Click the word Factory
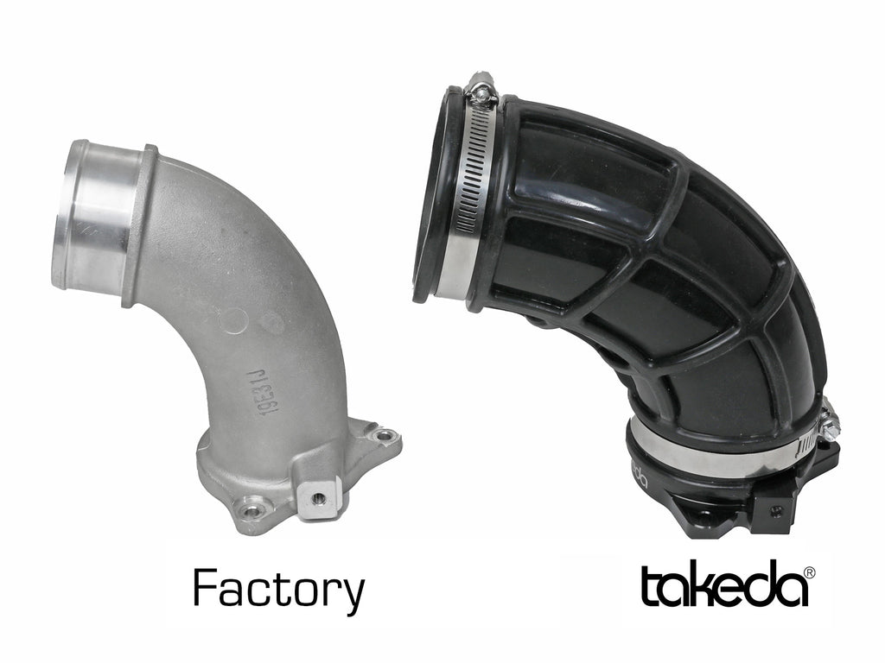pyautogui.click(x=278, y=590)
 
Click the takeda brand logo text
pyautogui.click(x=724, y=586)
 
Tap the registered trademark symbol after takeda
pyautogui.click(x=810, y=571)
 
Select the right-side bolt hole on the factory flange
pyautogui.click(x=383, y=436)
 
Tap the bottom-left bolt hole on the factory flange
pyautogui.click(x=251, y=511)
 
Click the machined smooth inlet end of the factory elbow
pyautogui.click(x=91, y=216)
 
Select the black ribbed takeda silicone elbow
pyautogui.click(x=657, y=285)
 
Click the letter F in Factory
pyautogui.click(x=205, y=590)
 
